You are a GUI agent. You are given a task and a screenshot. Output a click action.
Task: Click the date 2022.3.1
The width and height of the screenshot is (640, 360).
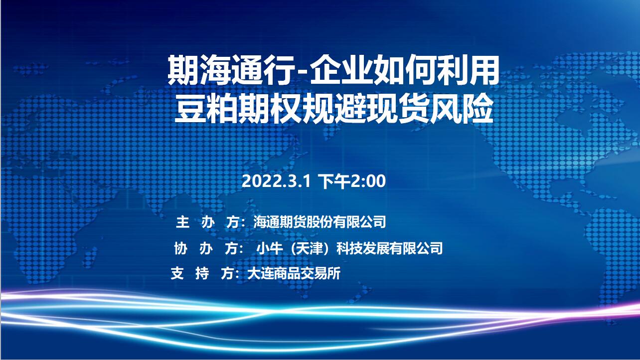(x=276, y=181)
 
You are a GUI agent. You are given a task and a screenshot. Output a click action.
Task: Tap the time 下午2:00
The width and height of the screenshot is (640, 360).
(x=352, y=181)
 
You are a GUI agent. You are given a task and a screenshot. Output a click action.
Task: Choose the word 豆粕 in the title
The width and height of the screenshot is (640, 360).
(x=207, y=109)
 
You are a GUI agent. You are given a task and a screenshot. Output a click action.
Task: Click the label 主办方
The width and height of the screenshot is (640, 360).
(x=207, y=222)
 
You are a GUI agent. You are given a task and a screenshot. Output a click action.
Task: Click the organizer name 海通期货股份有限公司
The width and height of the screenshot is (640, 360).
(x=320, y=222)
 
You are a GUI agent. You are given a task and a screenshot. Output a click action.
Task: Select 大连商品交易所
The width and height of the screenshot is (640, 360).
(x=294, y=273)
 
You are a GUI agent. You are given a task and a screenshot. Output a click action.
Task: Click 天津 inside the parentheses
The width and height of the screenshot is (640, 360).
(x=310, y=248)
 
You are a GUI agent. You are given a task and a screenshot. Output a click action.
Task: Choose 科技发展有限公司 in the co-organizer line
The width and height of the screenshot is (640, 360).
(x=389, y=248)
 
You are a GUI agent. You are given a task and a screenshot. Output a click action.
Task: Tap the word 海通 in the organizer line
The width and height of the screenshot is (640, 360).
(x=267, y=222)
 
